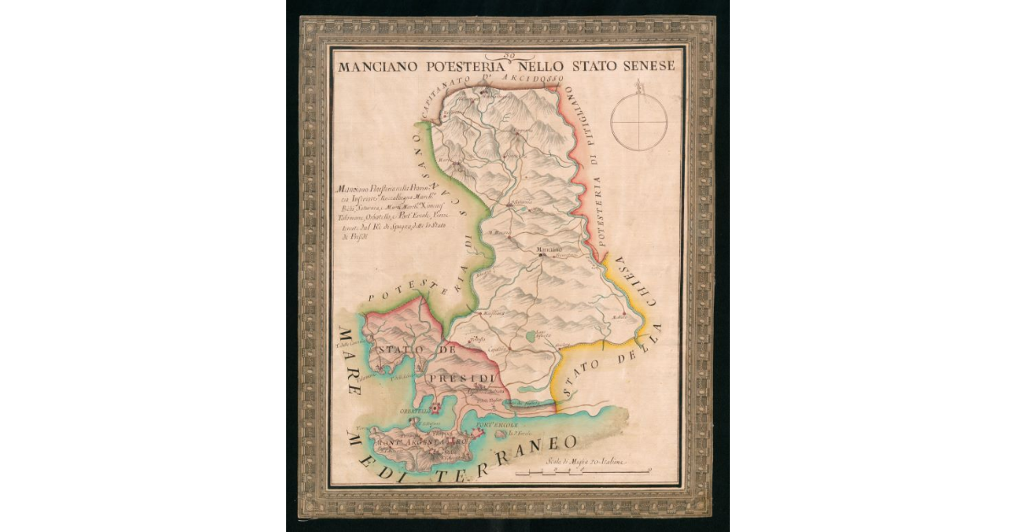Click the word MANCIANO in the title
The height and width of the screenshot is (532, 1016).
378,65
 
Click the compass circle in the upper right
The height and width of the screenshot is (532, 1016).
639,121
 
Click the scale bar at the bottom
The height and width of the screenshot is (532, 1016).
584,471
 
